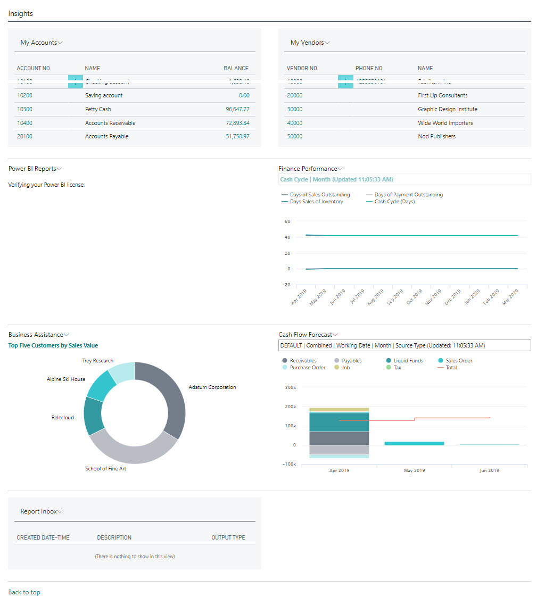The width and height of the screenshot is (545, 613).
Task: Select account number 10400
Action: point(24,123)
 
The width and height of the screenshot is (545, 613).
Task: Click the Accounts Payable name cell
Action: point(106,136)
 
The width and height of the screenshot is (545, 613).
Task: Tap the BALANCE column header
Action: point(236,68)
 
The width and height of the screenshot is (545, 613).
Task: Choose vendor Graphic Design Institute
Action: point(447,109)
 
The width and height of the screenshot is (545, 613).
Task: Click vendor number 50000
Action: point(294,136)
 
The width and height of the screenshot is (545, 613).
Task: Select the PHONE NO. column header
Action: point(369,68)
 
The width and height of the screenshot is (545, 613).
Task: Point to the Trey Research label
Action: point(97,361)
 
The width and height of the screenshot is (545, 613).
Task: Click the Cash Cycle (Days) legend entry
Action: point(394,202)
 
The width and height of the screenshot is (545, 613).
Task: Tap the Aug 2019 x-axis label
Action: point(375,297)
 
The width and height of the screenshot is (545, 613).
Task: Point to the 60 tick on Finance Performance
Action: point(287,221)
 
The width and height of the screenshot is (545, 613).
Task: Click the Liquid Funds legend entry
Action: point(408,361)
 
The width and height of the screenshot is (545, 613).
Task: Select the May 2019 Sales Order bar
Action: point(414,443)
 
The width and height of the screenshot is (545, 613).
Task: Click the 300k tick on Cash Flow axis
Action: point(291,387)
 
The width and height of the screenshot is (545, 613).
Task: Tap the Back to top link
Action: point(24,592)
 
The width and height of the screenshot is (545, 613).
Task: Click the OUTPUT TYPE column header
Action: point(228,537)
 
